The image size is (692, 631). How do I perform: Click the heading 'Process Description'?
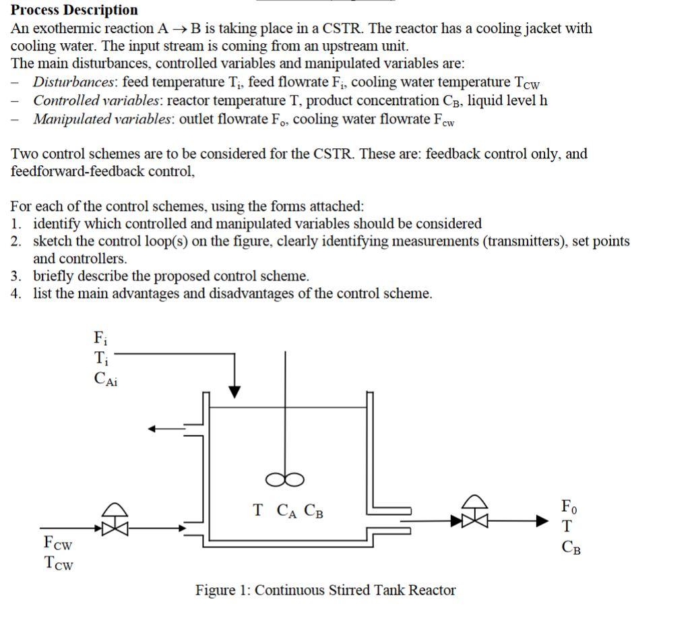74,10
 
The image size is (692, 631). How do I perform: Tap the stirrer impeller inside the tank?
284,479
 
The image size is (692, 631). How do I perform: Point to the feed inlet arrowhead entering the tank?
234,392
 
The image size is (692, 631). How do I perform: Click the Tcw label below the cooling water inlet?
58,564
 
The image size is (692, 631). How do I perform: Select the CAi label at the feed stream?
106,379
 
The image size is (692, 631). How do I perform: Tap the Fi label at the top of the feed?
99,336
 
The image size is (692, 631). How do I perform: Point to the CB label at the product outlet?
571,547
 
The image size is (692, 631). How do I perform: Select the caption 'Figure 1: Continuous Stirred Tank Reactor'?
325,591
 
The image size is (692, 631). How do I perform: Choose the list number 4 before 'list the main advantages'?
15,294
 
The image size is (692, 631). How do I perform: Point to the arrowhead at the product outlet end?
544,520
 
